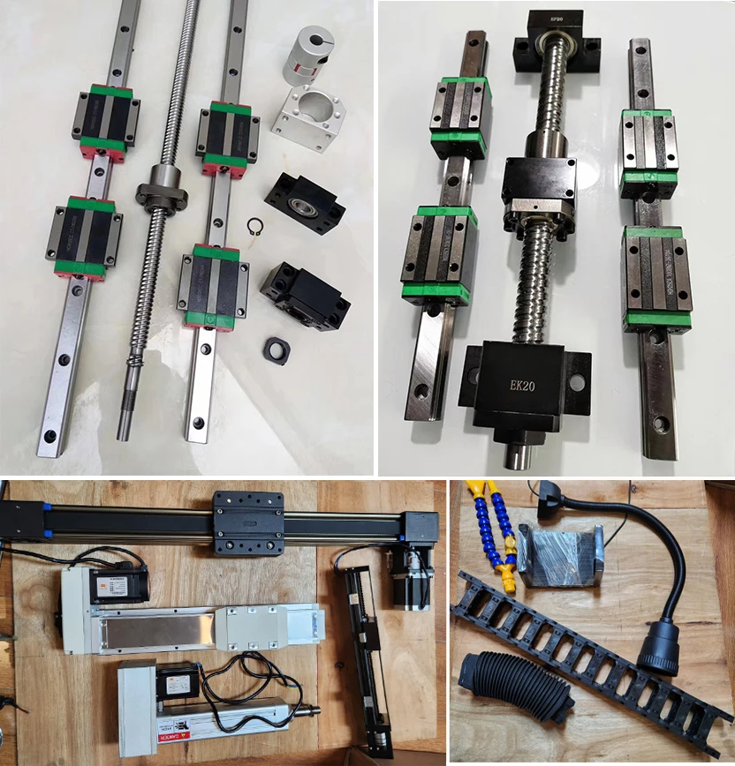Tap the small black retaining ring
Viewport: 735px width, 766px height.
(255, 226)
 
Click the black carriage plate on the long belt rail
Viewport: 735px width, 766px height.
(248, 522)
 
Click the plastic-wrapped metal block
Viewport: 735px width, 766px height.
(559, 555)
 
